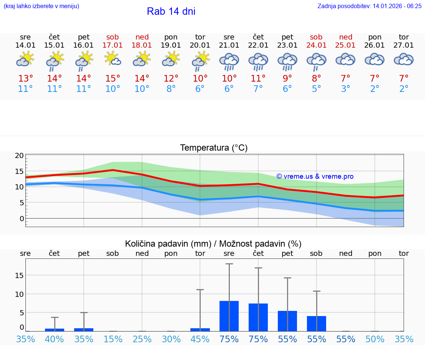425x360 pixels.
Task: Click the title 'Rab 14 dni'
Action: [171, 11]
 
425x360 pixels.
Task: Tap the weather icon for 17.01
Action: [113, 59]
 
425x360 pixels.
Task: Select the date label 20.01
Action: [200, 45]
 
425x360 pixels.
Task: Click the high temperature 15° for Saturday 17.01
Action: [113, 79]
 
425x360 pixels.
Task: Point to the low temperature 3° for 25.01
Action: [345, 89]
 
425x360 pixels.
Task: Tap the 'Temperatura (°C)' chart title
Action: [214, 148]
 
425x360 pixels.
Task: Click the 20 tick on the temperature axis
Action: [19, 155]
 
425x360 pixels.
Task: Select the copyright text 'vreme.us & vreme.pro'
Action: [315, 176]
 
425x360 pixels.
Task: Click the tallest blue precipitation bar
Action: [229, 316]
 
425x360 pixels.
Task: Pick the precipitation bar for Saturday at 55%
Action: [317, 323]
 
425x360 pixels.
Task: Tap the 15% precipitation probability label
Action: [113, 339]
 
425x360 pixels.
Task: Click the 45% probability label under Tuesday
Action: [200, 339]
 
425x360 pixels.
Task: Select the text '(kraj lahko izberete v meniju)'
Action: [41, 6]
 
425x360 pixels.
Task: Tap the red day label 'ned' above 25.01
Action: [346, 37]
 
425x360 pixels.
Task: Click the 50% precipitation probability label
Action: [375, 339]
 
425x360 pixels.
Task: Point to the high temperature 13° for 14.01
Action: [25, 79]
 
